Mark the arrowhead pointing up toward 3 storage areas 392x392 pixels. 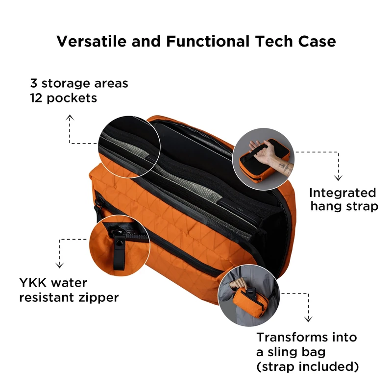pos(70,118)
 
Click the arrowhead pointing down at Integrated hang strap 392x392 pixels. pos(338,177)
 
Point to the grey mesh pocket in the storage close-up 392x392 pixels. pos(136,152)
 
